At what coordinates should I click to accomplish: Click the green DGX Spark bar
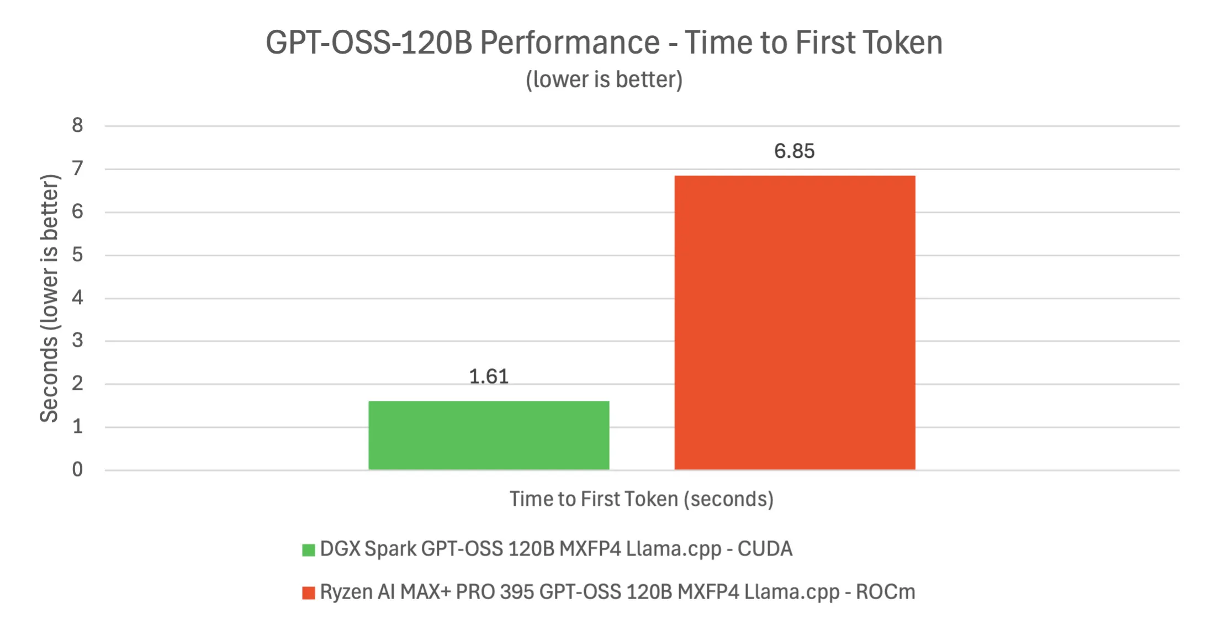[x=489, y=436]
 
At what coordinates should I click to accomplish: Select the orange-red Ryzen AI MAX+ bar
[x=795, y=323]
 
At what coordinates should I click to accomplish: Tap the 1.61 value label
[x=489, y=377]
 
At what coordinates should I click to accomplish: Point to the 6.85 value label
[x=794, y=151]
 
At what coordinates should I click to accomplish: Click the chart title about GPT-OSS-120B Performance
[x=604, y=43]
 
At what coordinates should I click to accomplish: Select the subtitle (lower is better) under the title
[x=604, y=80]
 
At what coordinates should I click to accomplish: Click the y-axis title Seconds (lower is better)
[x=49, y=298]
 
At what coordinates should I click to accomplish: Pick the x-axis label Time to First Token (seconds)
[x=641, y=499]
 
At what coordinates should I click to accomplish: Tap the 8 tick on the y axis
[x=77, y=125]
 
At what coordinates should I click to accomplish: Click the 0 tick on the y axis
[x=77, y=469]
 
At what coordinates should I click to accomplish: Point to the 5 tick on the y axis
[x=77, y=255]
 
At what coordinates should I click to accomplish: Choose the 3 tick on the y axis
[x=77, y=340]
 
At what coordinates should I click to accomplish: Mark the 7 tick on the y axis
[x=77, y=168]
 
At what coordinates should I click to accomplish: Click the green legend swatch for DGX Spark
[x=308, y=550]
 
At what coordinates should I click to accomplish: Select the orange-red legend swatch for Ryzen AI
[x=308, y=593]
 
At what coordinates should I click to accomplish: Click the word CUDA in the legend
[x=765, y=549]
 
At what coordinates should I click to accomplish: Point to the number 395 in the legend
[x=517, y=592]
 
